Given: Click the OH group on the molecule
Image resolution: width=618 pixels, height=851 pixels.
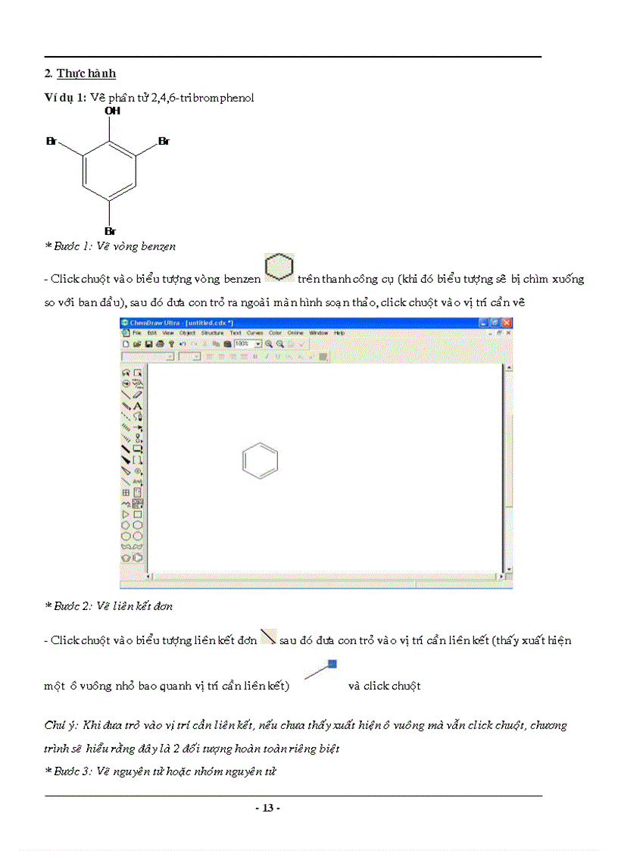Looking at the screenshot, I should coord(112,111).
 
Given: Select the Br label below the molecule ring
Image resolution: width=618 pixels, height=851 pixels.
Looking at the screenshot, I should coord(111,230).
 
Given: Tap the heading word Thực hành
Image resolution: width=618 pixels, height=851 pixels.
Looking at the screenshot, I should coord(86,74).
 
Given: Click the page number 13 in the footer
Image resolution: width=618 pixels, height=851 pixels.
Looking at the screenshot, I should coord(267,808).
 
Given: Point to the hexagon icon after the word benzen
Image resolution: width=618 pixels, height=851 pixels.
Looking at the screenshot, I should coord(279,269).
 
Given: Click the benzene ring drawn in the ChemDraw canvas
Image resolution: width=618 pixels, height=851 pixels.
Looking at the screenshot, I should coord(260,461).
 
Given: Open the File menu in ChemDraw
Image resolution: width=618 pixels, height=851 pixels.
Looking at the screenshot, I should coord(137,333).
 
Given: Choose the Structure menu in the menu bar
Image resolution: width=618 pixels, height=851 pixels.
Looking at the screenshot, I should coord(212,333).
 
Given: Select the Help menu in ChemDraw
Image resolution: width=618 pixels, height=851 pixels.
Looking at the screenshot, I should coord(339,333).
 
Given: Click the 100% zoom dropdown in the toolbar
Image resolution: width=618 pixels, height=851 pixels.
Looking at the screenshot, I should coord(247,343).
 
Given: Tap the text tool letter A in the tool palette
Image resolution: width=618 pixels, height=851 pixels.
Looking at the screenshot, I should coord(138,405).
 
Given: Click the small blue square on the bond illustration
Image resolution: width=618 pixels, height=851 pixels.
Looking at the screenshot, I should coord(332,664).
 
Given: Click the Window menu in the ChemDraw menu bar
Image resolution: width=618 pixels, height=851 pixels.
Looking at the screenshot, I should coord(318,333).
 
